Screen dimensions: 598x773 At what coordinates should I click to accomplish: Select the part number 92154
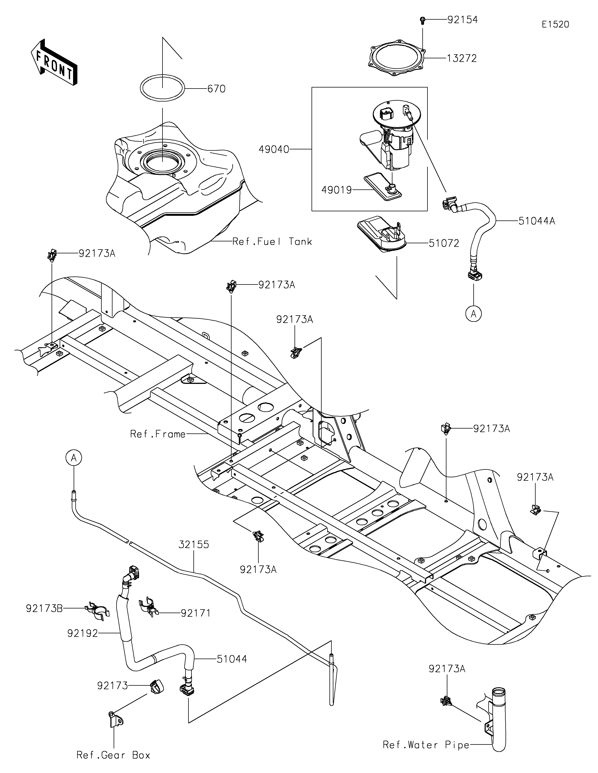463,20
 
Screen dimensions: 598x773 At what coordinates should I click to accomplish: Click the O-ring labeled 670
163,88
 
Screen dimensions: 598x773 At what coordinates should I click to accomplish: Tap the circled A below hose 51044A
474,314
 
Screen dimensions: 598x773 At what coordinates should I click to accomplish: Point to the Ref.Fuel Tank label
272,242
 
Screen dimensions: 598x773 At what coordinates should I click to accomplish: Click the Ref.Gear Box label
113,755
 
